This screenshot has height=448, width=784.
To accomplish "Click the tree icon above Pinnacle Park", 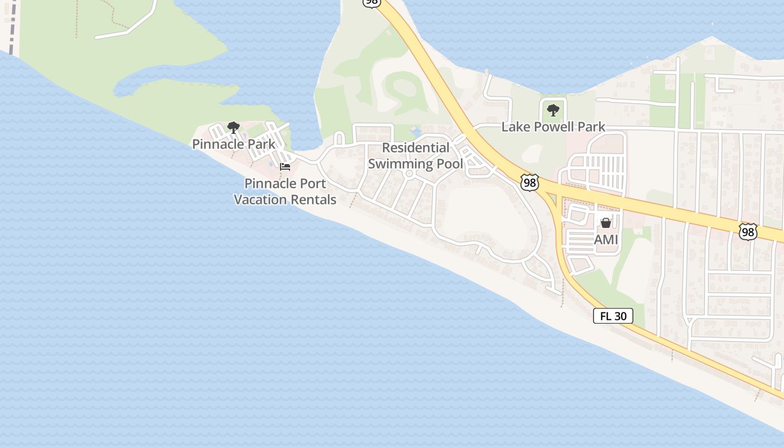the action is point(234,128).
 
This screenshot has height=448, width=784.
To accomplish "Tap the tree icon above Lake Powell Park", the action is point(553,110).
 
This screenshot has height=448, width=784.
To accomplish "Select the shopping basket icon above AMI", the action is point(605,223).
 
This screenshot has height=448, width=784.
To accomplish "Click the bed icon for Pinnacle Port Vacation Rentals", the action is point(285,166).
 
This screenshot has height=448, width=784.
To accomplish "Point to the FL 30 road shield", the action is point(613,316).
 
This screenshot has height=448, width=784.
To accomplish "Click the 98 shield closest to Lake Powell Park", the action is point(529,182).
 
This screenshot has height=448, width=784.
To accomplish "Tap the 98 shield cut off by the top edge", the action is point(371,3).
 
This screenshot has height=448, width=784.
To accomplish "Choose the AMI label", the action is point(606,240).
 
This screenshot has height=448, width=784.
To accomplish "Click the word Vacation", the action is point(263,199).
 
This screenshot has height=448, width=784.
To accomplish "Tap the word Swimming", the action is point(400,164).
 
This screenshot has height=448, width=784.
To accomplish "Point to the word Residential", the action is point(416,148).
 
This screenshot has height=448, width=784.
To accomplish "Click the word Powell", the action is point(553,127).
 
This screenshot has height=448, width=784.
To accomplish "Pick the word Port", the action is point(314,184).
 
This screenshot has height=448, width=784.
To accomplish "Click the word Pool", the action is point(450,164).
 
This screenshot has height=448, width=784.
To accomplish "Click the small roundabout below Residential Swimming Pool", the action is point(409,174).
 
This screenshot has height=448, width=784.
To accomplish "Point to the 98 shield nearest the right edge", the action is point(748,231).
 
